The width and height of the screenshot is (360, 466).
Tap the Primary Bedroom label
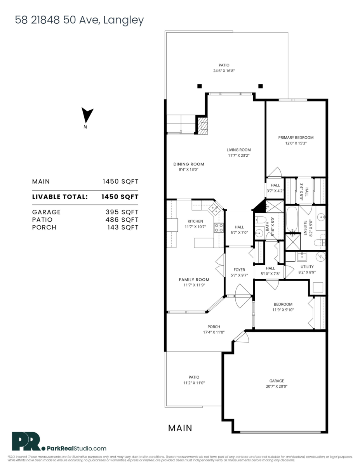[x=296, y=137]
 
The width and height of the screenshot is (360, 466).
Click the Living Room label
[x=239, y=150]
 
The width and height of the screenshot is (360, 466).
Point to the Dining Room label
[x=188, y=164]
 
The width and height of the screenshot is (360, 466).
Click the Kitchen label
[x=195, y=221]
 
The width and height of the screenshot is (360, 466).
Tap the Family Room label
[x=194, y=279]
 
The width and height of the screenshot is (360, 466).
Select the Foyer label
[x=239, y=270]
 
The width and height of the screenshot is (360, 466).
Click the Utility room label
[x=307, y=267]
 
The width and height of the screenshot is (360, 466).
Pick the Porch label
[x=214, y=327]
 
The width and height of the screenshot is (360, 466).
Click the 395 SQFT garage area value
[x=122, y=212]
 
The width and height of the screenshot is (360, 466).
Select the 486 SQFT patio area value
[x=122, y=220]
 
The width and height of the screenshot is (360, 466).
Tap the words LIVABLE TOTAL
[x=60, y=197]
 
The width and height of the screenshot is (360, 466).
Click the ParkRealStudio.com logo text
[x=76, y=448]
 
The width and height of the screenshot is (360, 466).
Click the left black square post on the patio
[x=199, y=86]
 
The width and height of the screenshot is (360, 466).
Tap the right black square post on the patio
[x=261, y=86]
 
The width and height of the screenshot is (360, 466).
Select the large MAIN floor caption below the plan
[x=180, y=428]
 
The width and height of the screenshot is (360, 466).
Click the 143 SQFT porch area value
[x=122, y=228]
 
